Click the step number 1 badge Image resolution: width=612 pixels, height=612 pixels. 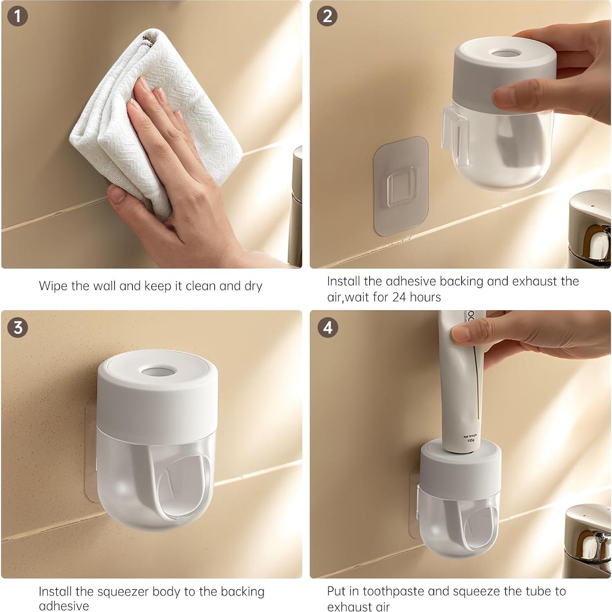pyautogui.click(x=17, y=17)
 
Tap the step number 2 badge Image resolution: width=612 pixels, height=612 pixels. pyautogui.click(x=327, y=17)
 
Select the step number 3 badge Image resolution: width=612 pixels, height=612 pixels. pyautogui.click(x=18, y=327)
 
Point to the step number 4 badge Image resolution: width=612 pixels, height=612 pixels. pyautogui.click(x=327, y=327)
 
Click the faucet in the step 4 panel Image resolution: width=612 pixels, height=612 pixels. pyautogui.click(x=589, y=540)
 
